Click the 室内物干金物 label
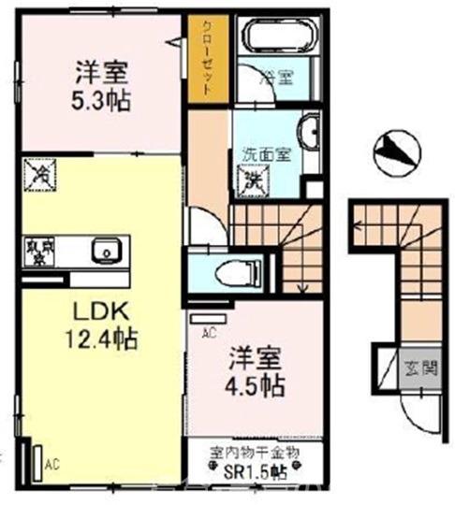[254, 452]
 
